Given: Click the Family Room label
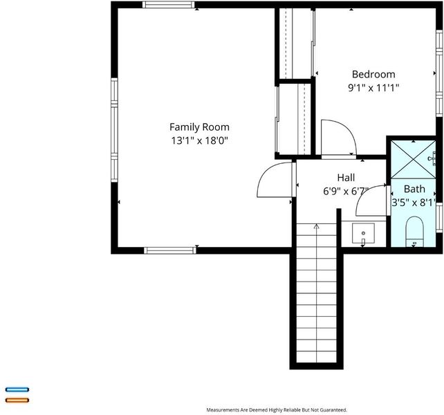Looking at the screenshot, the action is click(x=199, y=127).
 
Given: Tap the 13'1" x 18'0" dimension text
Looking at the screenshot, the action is click(x=199, y=140).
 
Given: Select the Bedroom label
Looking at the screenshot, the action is click(x=373, y=74).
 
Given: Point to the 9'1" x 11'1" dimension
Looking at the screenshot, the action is click(x=373, y=88).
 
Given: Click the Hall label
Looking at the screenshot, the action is click(x=346, y=178).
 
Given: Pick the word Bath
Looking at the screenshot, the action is click(x=414, y=189).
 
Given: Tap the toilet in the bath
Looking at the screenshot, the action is click(x=414, y=232).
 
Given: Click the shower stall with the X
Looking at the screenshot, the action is click(x=413, y=160).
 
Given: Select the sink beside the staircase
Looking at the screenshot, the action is click(x=363, y=233).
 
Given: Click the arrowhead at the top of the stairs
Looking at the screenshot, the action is click(x=316, y=226).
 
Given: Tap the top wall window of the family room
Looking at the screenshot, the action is click(x=169, y=5).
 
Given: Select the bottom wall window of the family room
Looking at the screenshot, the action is click(x=170, y=250).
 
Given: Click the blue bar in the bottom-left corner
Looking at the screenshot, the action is click(x=17, y=390).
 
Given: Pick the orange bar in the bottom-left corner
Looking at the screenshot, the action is click(x=17, y=400).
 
